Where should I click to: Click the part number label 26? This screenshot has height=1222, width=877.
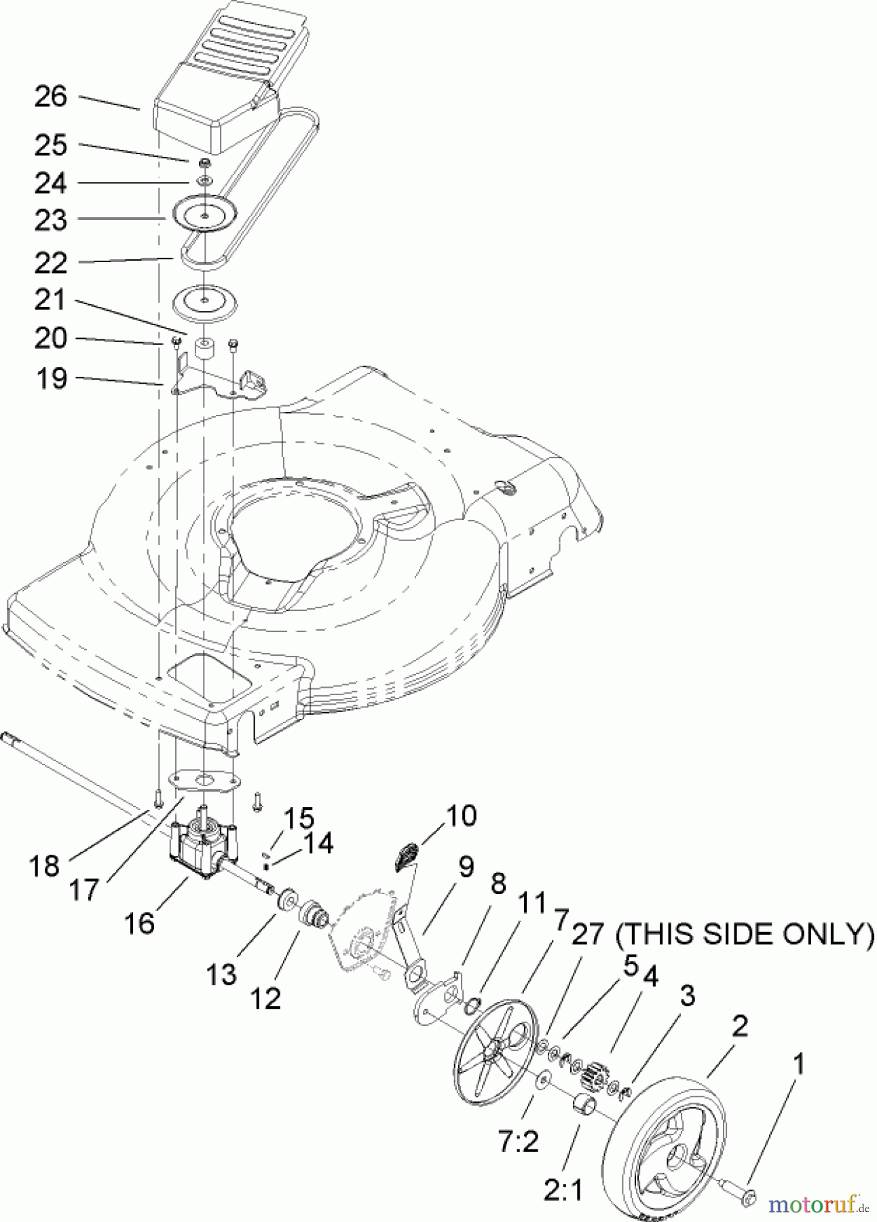tap(51, 97)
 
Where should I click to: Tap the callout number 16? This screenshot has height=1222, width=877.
tap(139, 923)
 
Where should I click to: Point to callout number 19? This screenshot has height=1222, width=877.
tap(51, 378)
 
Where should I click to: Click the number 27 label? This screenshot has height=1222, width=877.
tap(586, 935)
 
